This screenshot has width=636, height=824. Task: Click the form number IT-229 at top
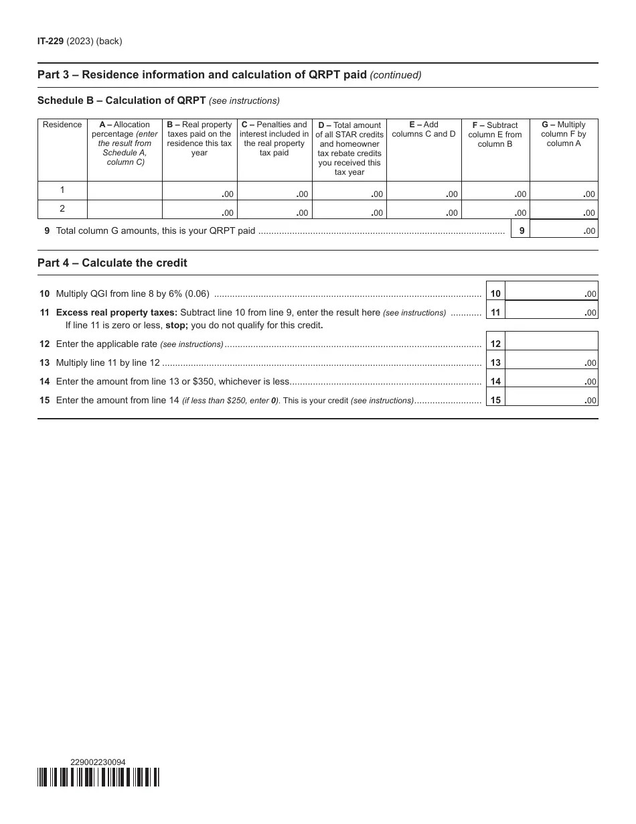coord(50,42)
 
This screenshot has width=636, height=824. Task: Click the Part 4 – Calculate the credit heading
coord(112,263)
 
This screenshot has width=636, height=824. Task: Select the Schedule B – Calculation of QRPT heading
coord(122,101)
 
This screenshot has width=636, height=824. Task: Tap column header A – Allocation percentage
coord(125,143)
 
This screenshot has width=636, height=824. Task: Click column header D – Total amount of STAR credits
coord(349,149)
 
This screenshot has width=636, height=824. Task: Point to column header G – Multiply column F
coord(563,134)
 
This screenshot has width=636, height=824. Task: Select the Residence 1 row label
coord(62,190)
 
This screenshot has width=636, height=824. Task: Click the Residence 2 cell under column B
coord(200,210)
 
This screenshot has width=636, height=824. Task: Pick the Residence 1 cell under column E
coord(424,190)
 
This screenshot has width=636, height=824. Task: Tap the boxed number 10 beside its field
coord(495,294)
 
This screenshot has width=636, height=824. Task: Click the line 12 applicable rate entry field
coord(551,343)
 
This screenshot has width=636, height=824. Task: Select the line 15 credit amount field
coord(551,399)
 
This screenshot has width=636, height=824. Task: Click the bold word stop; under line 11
coord(177,326)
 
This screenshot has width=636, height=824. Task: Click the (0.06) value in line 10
coord(197,293)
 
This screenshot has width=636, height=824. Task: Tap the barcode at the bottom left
coord(98,777)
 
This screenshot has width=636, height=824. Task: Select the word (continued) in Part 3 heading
coord(396,75)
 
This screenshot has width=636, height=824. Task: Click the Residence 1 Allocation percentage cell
coord(125,190)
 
